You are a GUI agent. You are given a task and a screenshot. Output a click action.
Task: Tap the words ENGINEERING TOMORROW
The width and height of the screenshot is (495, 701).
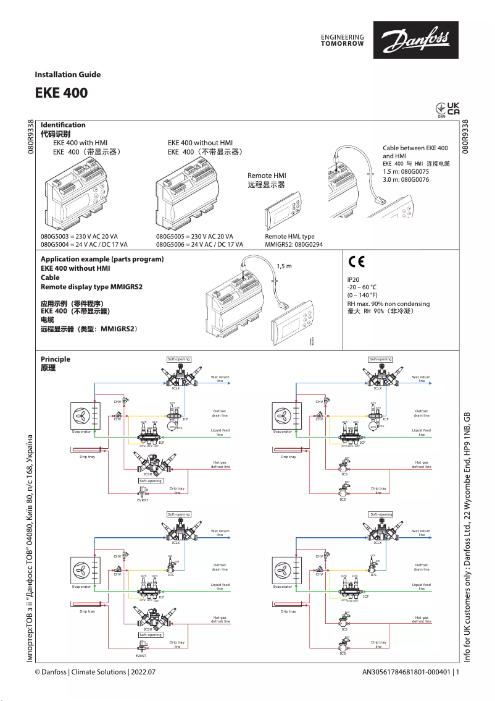coord(343,40)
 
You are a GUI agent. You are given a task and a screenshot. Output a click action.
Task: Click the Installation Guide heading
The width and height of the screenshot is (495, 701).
coord(67,75)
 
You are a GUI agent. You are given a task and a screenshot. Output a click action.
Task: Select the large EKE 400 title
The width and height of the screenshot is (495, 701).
coord(61,93)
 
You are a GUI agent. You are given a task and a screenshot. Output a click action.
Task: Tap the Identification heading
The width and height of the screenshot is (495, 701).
coord(63,125)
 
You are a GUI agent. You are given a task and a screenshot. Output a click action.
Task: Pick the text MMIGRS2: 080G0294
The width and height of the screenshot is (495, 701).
coord(294,245)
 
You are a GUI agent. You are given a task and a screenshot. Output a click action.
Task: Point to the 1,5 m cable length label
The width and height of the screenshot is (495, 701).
coord(284,266)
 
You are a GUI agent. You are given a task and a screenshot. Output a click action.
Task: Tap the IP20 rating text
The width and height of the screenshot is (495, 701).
coord(354,280)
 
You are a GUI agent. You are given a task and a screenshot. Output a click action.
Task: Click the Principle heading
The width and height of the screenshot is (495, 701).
coord(56,359)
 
